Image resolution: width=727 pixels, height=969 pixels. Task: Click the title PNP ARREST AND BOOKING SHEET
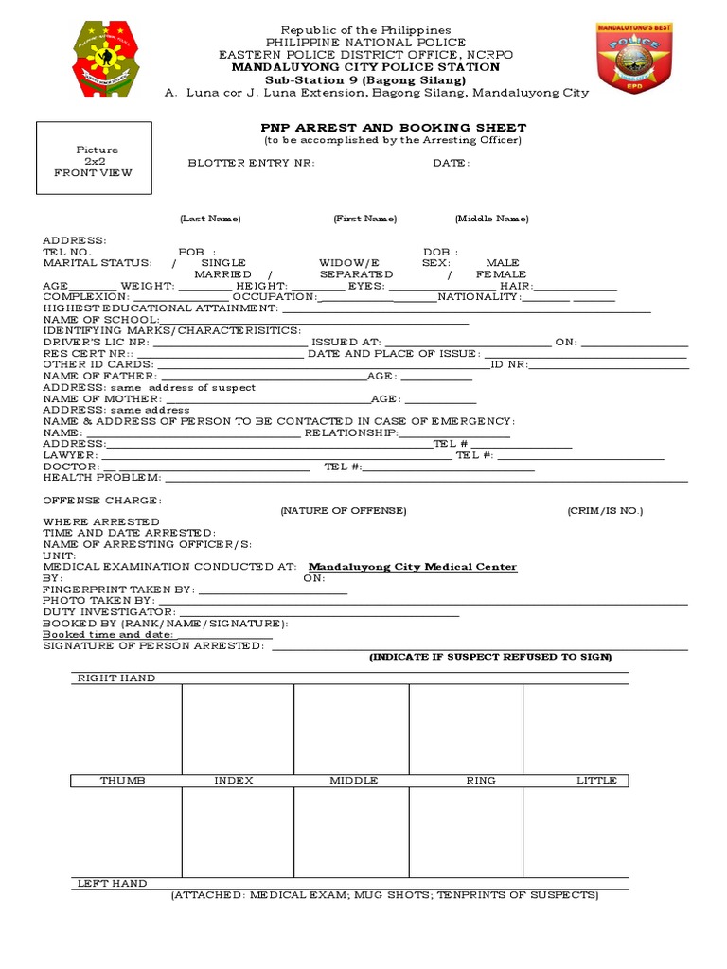coord(393,128)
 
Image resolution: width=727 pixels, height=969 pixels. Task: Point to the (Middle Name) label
coord(491,219)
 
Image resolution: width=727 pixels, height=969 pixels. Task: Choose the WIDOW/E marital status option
coord(349,262)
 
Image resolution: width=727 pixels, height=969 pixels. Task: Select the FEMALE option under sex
coord(501,273)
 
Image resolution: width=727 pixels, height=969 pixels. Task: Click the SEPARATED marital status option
coord(356,273)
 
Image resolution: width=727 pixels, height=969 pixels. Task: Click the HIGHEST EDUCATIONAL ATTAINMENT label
coord(160,308)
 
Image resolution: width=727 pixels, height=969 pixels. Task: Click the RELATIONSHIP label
coord(349,432)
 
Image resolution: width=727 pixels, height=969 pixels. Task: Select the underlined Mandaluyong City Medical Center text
coord(414,567)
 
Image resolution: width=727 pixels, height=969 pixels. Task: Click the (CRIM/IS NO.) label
coord(605,511)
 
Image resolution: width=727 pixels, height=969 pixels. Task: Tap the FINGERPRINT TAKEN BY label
coord(118,590)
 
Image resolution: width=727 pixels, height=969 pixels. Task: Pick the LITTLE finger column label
coord(596,781)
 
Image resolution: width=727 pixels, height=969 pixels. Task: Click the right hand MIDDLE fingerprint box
coord(351,729)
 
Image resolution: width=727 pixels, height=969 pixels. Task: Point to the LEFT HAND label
coord(112,883)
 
